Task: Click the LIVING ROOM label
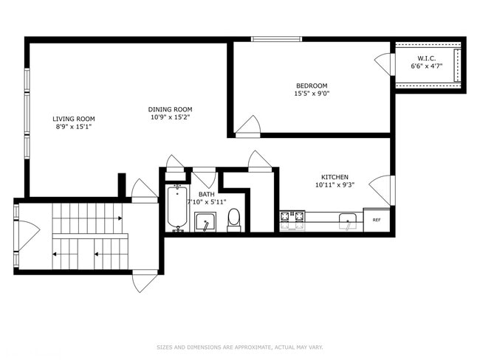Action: click(73, 118)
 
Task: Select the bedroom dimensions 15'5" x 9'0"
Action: click(312, 94)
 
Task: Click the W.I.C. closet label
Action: click(427, 58)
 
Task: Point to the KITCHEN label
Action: click(335, 177)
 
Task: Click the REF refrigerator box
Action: click(377, 220)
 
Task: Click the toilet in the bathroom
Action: click(234, 219)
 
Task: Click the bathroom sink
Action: click(205, 221)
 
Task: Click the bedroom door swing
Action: click(249, 126)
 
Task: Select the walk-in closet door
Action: click(384, 63)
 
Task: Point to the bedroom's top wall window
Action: click(276, 38)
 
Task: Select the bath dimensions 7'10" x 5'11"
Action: click(206, 201)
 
